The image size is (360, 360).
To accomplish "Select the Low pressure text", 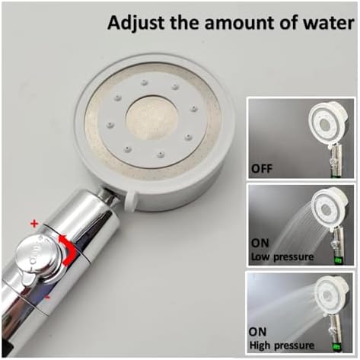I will click(x=283, y=256).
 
